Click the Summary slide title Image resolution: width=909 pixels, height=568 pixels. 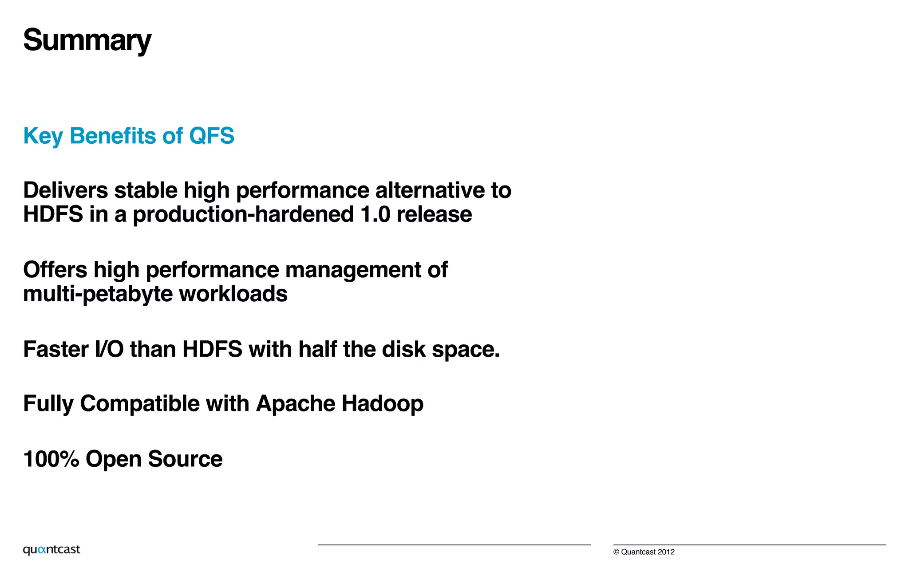point(87,40)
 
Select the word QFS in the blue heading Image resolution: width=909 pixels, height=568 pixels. point(211,136)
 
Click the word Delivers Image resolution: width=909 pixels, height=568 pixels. point(66,190)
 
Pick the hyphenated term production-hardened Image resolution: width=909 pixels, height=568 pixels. point(243,215)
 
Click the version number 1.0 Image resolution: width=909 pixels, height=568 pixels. point(375,215)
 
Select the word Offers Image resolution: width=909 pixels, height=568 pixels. point(55,270)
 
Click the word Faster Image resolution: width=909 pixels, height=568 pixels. point(56,349)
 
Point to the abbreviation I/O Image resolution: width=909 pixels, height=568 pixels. point(109,349)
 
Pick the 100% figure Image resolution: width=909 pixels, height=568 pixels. point(51,459)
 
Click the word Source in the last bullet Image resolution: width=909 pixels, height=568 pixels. point(185,459)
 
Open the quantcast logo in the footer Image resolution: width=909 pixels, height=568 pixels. point(51,550)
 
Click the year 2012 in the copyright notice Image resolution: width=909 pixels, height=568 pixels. point(666,552)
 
